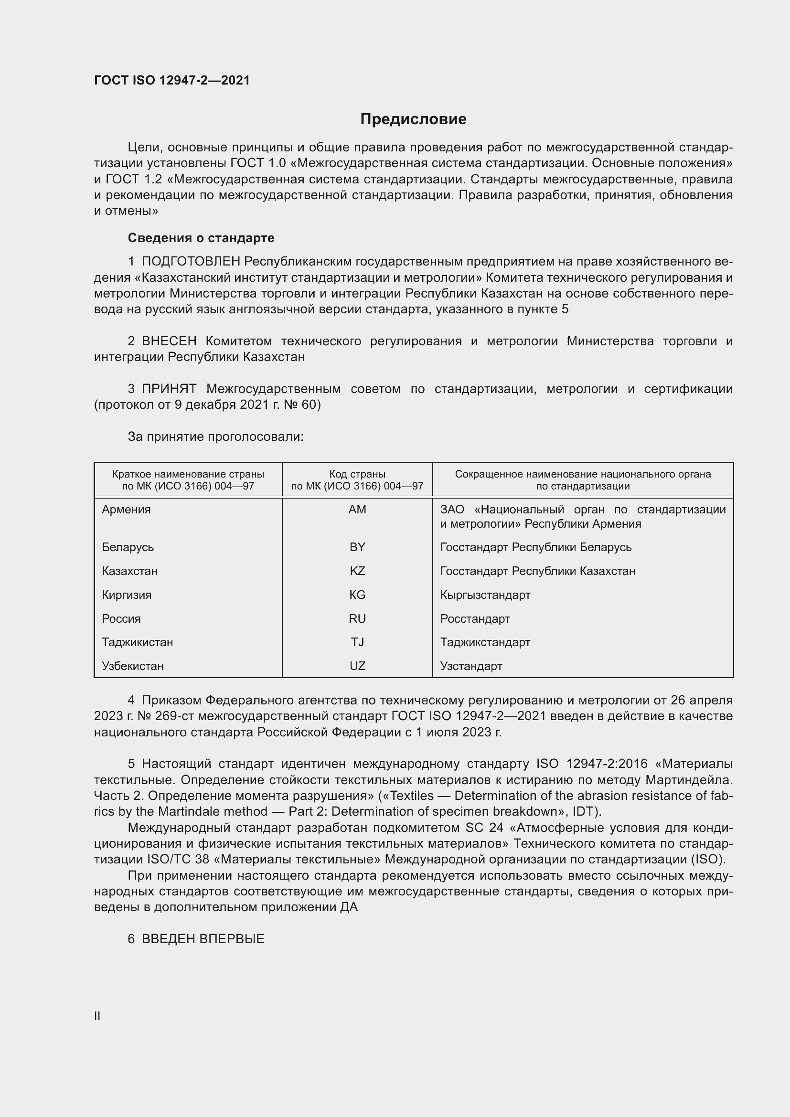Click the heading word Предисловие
point(413,119)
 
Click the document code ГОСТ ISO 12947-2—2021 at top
point(172,80)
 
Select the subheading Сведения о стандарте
point(201,238)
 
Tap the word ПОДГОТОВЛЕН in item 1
point(191,262)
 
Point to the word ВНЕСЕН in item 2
point(169,341)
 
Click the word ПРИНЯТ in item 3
point(169,389)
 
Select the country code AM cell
point(357,510)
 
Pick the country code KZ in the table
point(357,571)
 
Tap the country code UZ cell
point(357,666)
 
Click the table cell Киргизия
point(127,595)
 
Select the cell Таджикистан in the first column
point(137,642)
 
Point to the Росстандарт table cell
point(475,619)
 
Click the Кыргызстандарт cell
point(485,595)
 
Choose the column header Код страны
point(357,474)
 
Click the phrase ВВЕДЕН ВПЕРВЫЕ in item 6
point(203,939)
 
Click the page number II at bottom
point(97,1016)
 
